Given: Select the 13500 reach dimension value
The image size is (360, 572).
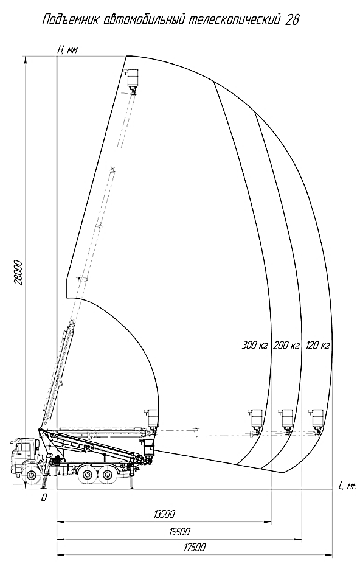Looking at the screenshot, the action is (164, 514).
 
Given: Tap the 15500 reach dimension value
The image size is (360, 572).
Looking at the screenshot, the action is (179, 531).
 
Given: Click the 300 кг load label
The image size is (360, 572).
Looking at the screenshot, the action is (255, 345).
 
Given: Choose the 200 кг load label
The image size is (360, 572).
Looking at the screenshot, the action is (286, 345).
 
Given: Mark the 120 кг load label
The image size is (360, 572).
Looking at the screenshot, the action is (318, 345).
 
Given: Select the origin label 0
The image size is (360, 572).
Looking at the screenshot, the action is (44, 498).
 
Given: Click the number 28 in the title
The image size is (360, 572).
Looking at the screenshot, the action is (292, 20).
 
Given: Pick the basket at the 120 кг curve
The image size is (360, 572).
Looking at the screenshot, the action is (317, 421).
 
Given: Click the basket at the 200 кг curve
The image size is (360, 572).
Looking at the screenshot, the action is (286, 421).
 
